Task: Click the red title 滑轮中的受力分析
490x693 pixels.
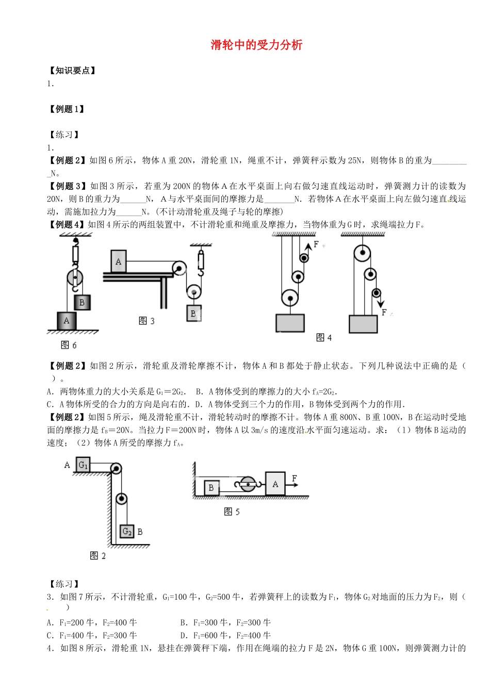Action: tap(256, 45)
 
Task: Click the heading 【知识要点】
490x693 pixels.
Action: tap(72, 71)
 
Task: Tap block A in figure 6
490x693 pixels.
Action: tap(67, 321)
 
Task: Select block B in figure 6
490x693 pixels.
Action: tap(82, 302)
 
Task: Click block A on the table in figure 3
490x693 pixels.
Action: tap(118, 261)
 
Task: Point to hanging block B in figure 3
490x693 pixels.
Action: tap(193, 313)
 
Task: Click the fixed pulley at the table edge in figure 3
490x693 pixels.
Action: tap(179, 268)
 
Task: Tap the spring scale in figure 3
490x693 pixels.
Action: tap(201, 258)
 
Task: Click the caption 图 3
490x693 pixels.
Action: tap(146, 321)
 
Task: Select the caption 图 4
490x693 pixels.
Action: tap(324, 337)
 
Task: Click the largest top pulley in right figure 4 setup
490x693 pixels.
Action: tap(362, 253)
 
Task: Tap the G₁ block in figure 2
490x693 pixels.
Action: tap(83, 465)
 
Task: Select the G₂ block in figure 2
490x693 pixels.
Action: tap(127, 531)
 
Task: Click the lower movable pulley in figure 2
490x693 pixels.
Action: tap(121, 499)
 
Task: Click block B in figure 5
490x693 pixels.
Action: tap(211, 487)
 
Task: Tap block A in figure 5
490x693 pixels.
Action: tap(275, 484)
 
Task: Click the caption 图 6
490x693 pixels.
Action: tap(69, 345)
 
